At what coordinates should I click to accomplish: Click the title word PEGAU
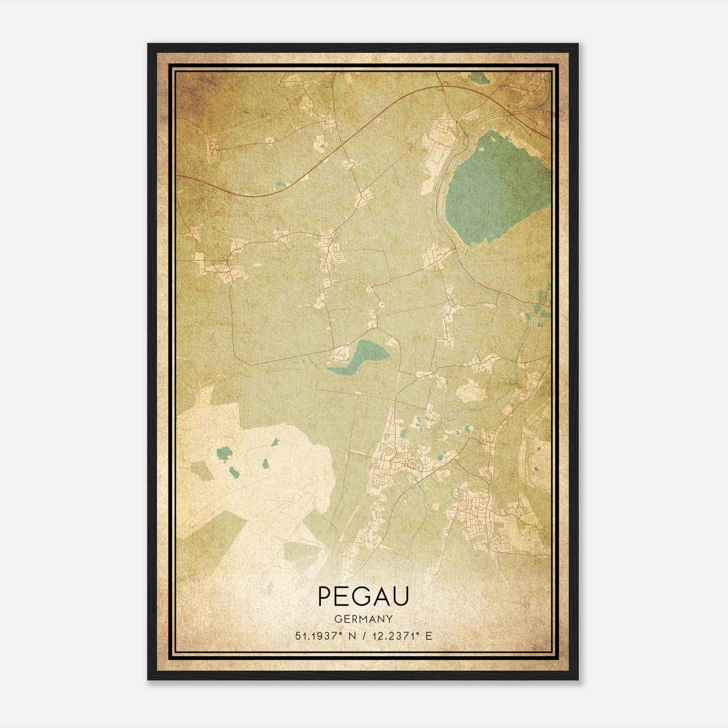pyautogui.click(x=364, y=596)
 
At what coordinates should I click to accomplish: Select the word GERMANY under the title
pyautogui.click(x=364, y=619)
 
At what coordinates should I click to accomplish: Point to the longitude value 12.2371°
pyautogui.click(x=394, y=636)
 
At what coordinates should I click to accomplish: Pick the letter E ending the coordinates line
pyautogui.click(x=428, y=636)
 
